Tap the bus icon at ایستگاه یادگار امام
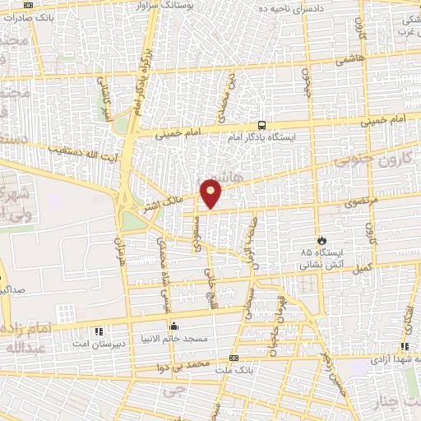click(x=261, y=126)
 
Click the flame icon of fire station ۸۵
click(x=321, y=240)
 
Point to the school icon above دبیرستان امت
click(x=100, y=331)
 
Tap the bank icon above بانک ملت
click(x=234, y=359)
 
